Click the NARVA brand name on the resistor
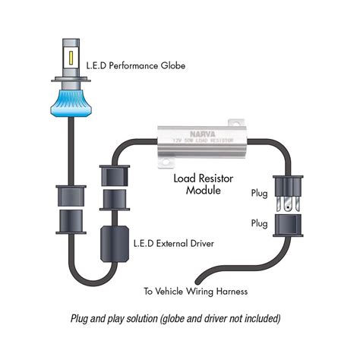[x=200, y=131]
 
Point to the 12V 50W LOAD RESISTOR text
[x=200, y=140]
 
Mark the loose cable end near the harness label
[x=195, y=276]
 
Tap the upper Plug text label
[x=260, y=194]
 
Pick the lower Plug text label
[x=260, y=224]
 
